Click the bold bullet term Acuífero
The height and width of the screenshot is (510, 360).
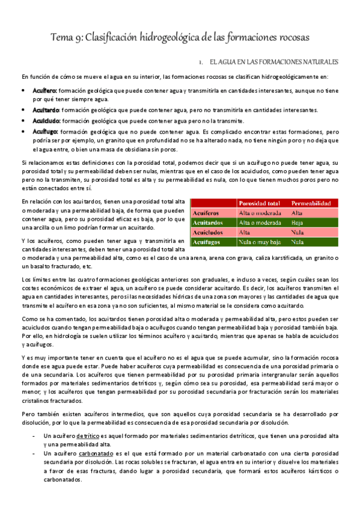[x=45, y=90]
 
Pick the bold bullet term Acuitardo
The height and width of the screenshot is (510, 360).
[x=46, y=110]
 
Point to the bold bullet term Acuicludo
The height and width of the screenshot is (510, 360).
[x=46, y=120]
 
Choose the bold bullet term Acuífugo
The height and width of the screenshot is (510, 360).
[x=46, y=131]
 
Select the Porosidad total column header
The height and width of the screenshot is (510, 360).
[x=260, y=203]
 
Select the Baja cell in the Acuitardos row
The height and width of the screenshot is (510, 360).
[x=297, y=222]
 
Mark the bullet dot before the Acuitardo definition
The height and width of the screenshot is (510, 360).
[x=23, y=110]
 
